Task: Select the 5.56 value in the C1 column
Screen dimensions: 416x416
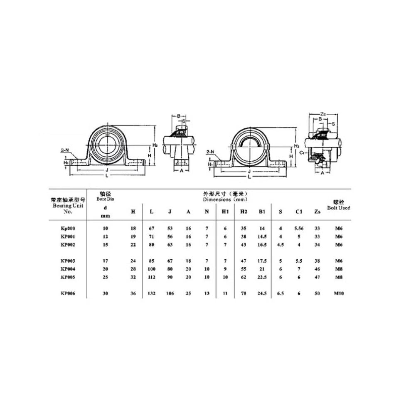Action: tap(298, 228)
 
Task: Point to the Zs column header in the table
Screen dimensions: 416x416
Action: tap(318, 212)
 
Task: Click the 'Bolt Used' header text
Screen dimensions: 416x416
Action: tap(338, 207)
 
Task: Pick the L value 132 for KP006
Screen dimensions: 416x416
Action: tap(151, 293)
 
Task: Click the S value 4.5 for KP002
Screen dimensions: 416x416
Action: tap(281, 244)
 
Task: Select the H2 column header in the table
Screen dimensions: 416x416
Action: tap(244, 212)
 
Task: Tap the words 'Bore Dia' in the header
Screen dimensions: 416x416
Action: tap(105, 199)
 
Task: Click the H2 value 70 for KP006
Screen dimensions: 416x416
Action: tap(244, 293)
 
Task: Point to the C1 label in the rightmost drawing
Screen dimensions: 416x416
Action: tap(303, 153)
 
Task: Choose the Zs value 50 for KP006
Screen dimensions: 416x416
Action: tap(318, 293)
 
